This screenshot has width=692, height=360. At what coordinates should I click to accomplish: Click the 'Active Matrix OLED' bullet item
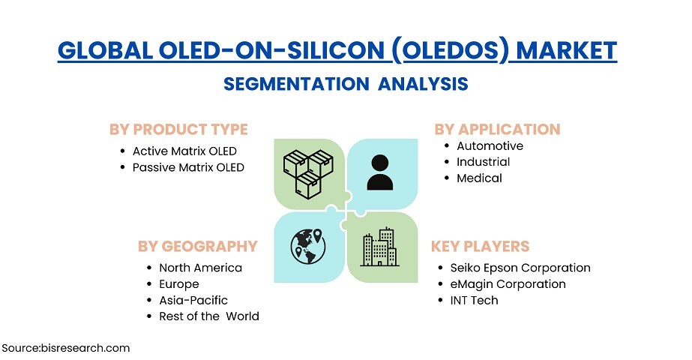[184, 151]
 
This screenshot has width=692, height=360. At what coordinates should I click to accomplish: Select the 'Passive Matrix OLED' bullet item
[188, 167]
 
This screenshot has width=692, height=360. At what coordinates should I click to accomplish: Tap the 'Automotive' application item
[490, 145]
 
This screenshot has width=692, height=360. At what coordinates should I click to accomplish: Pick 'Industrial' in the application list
[484, 162]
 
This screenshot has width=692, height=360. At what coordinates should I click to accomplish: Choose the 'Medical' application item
[479, 178]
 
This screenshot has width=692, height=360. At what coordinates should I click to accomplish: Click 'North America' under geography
[200, 268]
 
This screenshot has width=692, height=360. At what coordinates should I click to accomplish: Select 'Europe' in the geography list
[178, 284]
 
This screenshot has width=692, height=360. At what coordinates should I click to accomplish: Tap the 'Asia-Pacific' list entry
[193, 300]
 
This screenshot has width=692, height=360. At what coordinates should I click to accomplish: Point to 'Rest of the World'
[208, 316]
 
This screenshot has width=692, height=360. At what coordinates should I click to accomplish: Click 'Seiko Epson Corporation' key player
[520, 268]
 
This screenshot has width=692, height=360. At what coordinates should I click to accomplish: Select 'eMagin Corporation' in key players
[508, 284]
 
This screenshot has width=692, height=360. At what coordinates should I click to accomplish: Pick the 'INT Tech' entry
[474, 300]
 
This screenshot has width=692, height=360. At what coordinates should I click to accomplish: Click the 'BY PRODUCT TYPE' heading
[178, 130]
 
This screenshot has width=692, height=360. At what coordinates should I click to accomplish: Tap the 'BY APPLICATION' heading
[497, 129]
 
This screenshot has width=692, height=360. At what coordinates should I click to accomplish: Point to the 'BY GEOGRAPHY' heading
[198, 246]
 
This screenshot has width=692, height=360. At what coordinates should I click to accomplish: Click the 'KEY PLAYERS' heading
[480, 246]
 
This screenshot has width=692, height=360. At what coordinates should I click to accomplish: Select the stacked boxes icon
[308, 174]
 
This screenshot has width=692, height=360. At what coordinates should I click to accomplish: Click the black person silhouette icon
[380, 172]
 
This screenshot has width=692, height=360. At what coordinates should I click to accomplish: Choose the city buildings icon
[379, 247]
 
